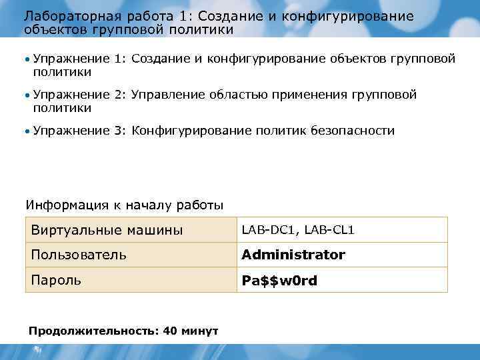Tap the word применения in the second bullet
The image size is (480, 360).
pyautogui.click(x=311, y=95)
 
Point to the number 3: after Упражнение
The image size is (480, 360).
pyautogui.click(x=119, y=131)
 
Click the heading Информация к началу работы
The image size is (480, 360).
pyautogui.click(x=125, y=205)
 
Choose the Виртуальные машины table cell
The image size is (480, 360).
pyautogui.click(x=107, y=230)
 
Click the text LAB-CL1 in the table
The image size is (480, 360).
pyautogui.click(x=330, y=230)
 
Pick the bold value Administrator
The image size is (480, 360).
pyautogui.click(x=293, y=255)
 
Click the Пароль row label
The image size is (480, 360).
pyautogui.click(x=57, y=280)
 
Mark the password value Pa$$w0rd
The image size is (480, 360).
pyautogui.click(x=279, y=281)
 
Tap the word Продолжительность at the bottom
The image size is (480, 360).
pyautogui.click(x=93, y=330)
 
